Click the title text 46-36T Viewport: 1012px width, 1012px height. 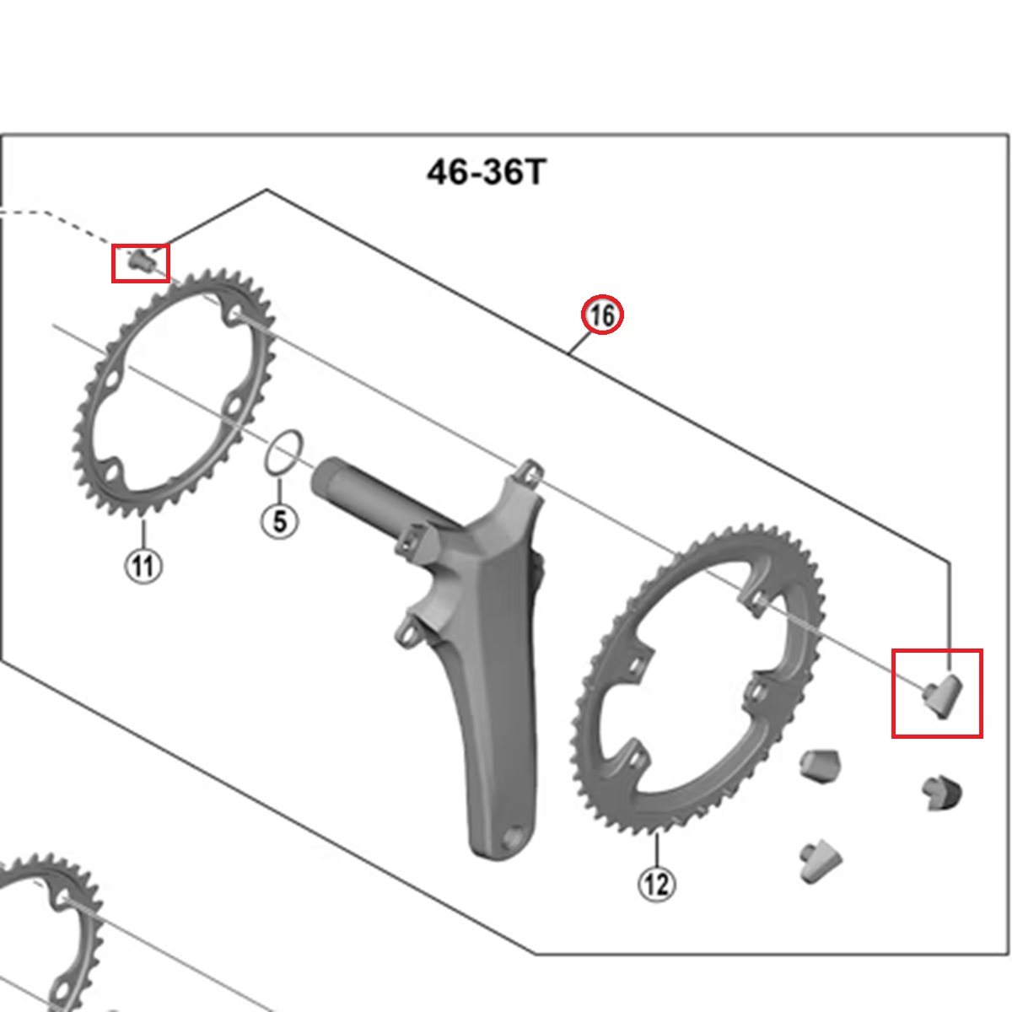coord(487,172)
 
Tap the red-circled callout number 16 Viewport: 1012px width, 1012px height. coord(602,315)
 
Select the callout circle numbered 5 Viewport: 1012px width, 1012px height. coord(280,520)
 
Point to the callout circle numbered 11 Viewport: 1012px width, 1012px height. coord(143,566)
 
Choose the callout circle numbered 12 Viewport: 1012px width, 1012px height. coord(656,885)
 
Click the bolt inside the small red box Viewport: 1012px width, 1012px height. coord(141,260)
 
